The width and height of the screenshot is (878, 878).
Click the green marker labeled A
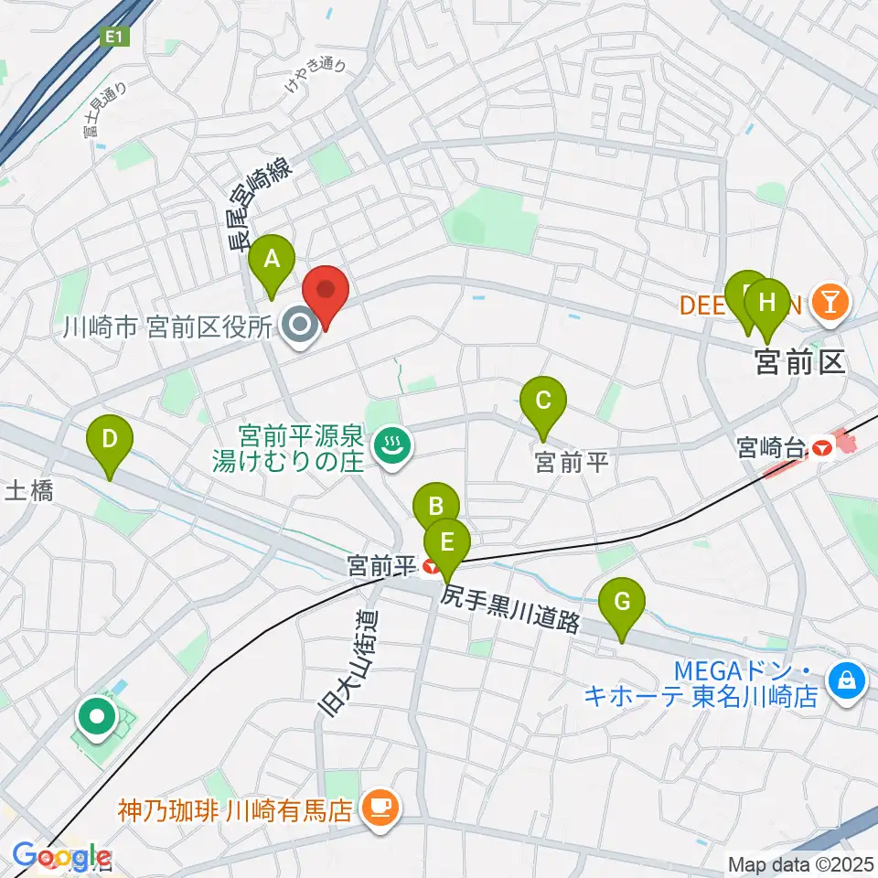click(272, 260)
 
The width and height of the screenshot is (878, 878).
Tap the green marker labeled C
click(542, 402)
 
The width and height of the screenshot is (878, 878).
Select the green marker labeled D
click(109, 439)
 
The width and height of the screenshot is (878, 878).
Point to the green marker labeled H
click(768, 302)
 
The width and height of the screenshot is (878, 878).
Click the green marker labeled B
click(436, 506)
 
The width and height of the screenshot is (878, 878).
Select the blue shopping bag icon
click(847, 680)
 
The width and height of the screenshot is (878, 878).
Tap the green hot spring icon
click(394, 446)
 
